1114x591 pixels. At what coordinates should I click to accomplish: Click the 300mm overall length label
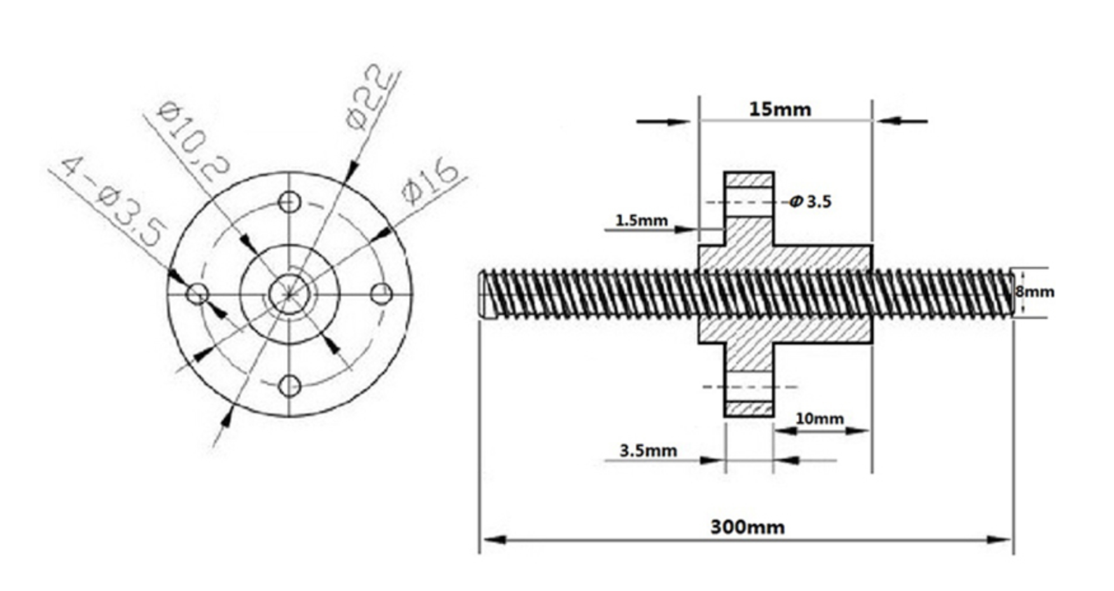[x=747, y=527]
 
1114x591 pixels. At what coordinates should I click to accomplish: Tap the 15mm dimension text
[x=780, y=109]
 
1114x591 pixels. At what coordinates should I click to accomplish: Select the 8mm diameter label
[x=1035, y=292]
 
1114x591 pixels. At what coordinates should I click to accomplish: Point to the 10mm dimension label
[x=820, y=419]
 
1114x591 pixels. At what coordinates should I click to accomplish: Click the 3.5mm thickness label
[x=648, y=451]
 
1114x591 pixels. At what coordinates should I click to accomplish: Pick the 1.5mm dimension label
[x=641, y=221]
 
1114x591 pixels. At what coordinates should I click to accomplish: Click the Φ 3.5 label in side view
[x=811, y=202]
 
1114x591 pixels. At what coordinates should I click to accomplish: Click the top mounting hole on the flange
[x=289, y=202]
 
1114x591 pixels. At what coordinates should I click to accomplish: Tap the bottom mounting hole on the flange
[x=289, y=385]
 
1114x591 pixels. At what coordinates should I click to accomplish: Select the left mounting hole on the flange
[x=197, y=294]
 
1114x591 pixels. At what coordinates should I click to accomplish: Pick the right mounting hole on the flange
[x=381, y=294]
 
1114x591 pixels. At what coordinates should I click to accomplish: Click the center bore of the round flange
[x=289, y=294]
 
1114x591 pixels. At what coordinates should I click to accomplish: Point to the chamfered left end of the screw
[x=485, y=294]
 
